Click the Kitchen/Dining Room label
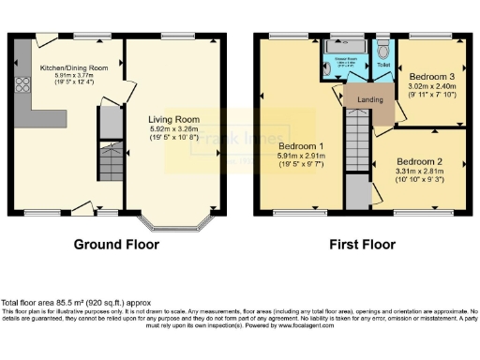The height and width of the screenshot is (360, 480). [x=73, y=67]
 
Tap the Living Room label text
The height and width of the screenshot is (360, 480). [x=172, y=119]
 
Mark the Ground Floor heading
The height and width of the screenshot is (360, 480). [x=116, y=245]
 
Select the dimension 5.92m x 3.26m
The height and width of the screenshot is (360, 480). [x=172, y=129]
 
